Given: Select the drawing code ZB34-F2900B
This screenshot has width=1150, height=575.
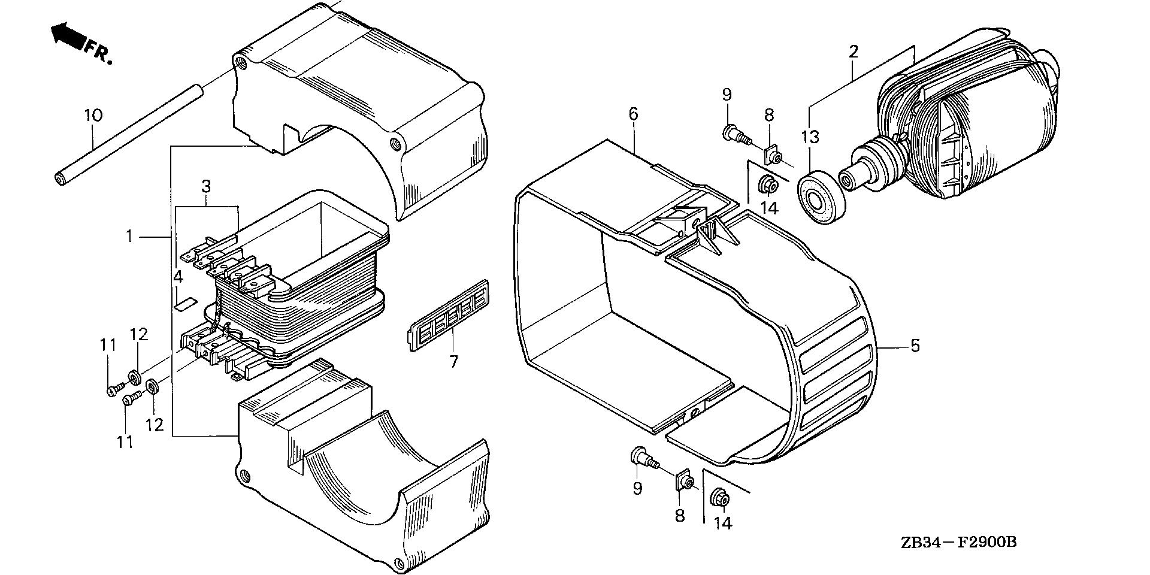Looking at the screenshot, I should [x=958, y=543].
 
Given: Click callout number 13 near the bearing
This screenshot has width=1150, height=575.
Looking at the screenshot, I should [x=810, y=137].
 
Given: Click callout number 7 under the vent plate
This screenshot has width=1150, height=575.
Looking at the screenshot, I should [x=453, y=362].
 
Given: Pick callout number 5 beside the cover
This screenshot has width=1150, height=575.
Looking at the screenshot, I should [x=915, y=346].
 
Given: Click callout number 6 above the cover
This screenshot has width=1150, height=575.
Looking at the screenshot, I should [x=634, y=113].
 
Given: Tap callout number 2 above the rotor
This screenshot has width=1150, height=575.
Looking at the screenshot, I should [x=854, y=52].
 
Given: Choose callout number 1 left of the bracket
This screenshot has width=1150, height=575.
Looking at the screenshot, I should [x=129, y=237].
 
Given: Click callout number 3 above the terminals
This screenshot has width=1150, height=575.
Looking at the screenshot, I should [x=206, y=186].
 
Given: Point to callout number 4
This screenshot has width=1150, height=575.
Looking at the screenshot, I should [x=178, y=277].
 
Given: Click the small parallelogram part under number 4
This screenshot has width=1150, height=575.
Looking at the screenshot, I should [x=184, y=303].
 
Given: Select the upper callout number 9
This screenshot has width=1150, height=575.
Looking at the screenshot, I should [x=727, y=94].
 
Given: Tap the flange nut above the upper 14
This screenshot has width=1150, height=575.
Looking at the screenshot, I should [x=768, y=185].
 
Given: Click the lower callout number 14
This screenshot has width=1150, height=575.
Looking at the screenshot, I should [x=723, y=523].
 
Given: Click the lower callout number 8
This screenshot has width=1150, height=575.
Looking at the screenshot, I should [x=679, y=516].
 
